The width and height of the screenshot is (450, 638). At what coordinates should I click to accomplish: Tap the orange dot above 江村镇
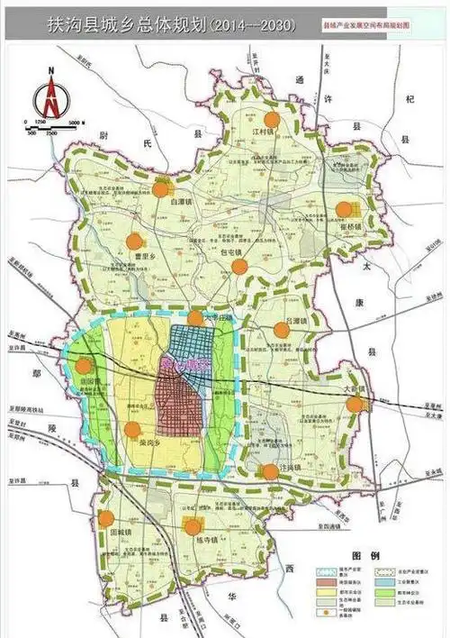272,119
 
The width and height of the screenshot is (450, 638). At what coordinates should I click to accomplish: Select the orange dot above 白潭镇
162,188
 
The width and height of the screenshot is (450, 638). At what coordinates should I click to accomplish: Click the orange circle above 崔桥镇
343,209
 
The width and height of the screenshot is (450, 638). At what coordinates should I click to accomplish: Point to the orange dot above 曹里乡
134,241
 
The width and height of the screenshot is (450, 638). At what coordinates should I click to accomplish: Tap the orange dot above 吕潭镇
282,330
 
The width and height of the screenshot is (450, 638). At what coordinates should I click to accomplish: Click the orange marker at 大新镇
355,404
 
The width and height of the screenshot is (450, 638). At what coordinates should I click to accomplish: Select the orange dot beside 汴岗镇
270,469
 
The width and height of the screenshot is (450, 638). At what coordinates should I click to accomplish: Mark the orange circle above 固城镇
106,518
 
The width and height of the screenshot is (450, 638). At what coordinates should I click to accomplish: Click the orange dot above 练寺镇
192,527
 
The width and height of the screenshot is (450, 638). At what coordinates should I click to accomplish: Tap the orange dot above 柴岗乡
132,430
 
